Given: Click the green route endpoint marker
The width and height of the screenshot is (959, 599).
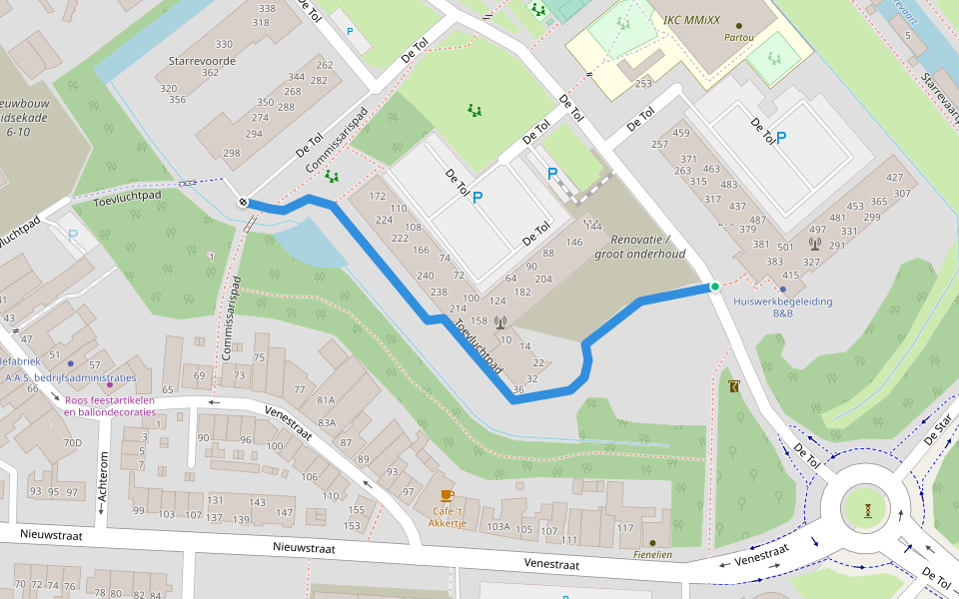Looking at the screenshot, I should click(714, 288).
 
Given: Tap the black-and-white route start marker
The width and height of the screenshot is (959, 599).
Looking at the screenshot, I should click(243, 203).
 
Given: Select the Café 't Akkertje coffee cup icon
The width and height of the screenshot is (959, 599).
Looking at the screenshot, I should click(447, 495).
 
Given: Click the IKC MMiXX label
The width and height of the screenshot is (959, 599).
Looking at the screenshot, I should click(693, 19).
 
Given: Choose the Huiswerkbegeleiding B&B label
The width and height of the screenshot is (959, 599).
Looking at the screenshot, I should click(782, 306).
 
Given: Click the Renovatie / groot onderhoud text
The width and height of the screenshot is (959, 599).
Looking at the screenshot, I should click(639, 247).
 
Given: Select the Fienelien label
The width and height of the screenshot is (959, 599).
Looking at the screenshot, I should click(652, 554).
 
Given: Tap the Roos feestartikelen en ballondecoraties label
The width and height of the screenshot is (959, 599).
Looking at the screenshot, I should click(110, 405).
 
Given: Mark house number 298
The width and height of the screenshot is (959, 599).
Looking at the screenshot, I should click(232, 153).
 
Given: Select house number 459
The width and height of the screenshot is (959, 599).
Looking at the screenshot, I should click(682, 133).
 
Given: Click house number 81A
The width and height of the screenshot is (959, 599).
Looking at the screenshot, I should click(327, 400).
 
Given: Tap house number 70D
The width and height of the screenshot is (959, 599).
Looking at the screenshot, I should click(72, 442).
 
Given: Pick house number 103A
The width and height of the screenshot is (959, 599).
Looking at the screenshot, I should click(497, 526).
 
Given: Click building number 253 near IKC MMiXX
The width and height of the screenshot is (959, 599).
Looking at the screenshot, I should click(642, 84).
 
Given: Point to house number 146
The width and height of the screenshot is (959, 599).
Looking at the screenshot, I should click(574, 243).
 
